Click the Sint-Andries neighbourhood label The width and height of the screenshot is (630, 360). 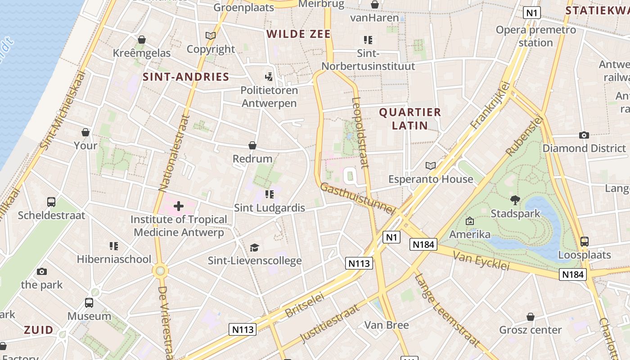point(186,77)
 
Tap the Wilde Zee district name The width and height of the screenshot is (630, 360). point(298,34)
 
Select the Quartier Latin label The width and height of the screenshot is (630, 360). point(410,118)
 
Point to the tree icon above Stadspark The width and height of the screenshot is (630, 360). point(515,200)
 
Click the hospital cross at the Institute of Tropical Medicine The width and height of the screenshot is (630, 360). point(179,206)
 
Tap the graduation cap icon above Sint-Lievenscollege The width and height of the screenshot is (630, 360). point(255,247)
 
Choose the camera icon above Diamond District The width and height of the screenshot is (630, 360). point(584,135)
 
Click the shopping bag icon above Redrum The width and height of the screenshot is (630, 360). point(252,145)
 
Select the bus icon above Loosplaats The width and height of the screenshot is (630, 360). point(584,242)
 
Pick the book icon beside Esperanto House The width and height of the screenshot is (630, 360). point(431,166)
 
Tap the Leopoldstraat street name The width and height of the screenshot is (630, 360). point(360,133)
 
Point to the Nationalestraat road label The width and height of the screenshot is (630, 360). point(173,153)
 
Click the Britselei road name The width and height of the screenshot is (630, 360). point(305,306)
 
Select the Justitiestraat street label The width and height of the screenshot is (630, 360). point(330,323)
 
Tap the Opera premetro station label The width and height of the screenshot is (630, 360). point(535,36)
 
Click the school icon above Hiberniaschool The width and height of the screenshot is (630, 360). point(114,246)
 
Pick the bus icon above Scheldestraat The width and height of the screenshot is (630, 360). point(51,202)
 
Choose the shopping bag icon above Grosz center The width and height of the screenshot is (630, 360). point(531,317)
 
